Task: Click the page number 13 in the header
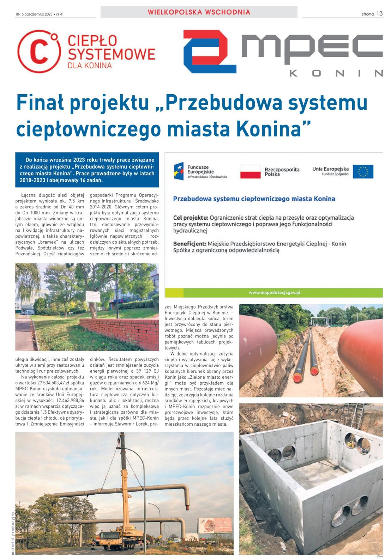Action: [x=379, y=13]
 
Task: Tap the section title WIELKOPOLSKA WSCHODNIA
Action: [x=199, y=12]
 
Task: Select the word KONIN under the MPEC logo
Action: [x=336, y=73]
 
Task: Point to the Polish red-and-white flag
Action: [x=250, y=172]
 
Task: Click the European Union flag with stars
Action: [x=363, y=171]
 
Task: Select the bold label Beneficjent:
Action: [x=190, y=244]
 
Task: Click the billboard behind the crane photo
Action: [x=214, y=524]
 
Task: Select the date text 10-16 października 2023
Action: [x=34, y=14]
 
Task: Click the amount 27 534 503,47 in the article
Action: [x=56, y=383]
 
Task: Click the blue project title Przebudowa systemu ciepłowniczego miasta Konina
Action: [x=254, y=199]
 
